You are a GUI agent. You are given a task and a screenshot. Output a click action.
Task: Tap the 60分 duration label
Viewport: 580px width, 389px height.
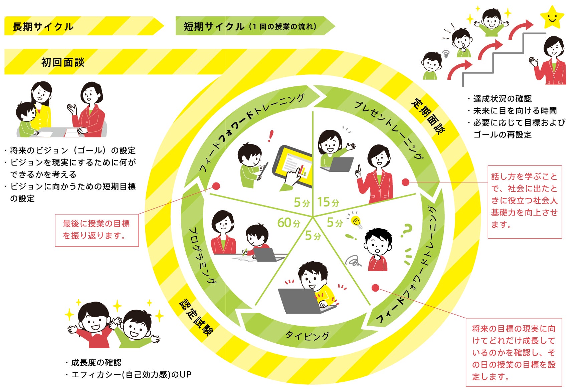click(289, 223)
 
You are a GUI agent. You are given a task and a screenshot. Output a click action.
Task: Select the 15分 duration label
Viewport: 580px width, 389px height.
click(328, 202)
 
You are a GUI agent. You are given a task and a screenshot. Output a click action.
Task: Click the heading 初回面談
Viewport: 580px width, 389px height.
click(63, 62)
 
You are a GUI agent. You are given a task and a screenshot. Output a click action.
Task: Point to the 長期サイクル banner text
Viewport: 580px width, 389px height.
click(43, 27)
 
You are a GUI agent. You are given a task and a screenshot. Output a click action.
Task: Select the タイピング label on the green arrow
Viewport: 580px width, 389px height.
click(308, 335)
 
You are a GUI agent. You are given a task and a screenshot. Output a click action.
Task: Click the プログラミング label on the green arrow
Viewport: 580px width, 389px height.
click(202, 255)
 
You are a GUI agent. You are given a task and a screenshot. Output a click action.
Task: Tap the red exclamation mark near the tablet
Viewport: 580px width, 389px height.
click(271, 135)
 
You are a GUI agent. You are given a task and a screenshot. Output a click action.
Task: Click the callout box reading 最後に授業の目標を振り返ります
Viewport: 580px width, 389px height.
click(96, 230)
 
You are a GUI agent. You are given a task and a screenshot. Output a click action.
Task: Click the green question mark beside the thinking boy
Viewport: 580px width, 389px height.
click(406, 230)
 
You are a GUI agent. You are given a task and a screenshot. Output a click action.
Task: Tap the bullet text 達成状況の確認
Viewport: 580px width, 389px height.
click(502, 99)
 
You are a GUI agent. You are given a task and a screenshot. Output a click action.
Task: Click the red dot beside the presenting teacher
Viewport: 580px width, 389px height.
click(405, 182)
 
